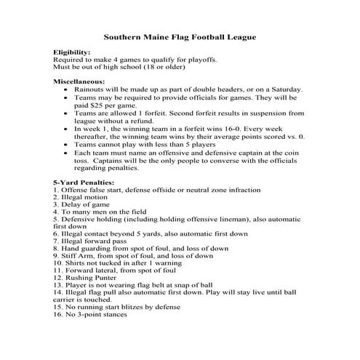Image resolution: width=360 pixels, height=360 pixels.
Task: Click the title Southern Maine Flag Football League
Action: click(180, 36)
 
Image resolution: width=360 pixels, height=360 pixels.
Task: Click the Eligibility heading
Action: click(72, 52)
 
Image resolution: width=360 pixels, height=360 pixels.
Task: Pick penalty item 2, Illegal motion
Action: click(85, 197)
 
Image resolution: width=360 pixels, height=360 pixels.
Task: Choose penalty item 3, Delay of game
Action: click(83, 205)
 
